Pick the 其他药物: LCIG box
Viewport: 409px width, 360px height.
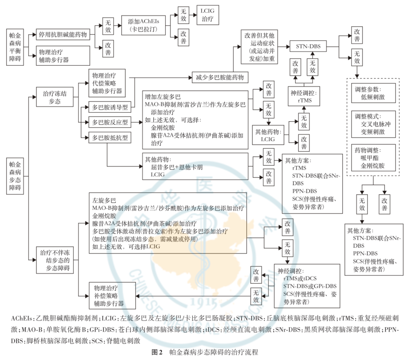point(269,136)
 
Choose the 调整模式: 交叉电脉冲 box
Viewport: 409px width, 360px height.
point(373,124)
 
